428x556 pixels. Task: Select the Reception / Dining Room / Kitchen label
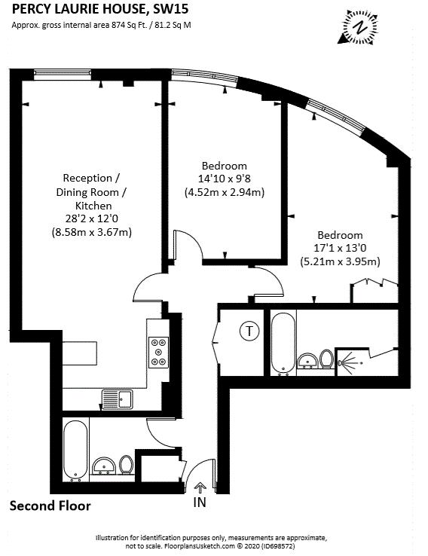pyautogui.click(x=93, y=191)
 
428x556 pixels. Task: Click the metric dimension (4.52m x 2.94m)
pyautogui.click(x=225, y=193)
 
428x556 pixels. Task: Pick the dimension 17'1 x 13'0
pyautogui.click(x=340, y=248)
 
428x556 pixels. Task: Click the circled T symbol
pyautogui.click(x=247, y=330)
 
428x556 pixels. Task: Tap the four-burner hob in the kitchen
pyautogui.click(x=159, y=350)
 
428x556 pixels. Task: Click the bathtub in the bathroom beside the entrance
pyautogui.click(x=76, y=450)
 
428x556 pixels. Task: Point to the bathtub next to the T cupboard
pyautogui.click(x=283, y=343)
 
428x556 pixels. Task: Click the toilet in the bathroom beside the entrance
pyautogui.click(x=127, y=465)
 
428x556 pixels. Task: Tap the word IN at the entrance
pyautogui.click(x=199, y=503)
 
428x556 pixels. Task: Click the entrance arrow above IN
pyautogui.click(x=199, y=487)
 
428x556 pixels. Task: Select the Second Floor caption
pyautogui.click(x=50, y=506)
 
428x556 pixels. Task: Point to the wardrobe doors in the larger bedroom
pyautogui.click(x=374, y=285)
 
